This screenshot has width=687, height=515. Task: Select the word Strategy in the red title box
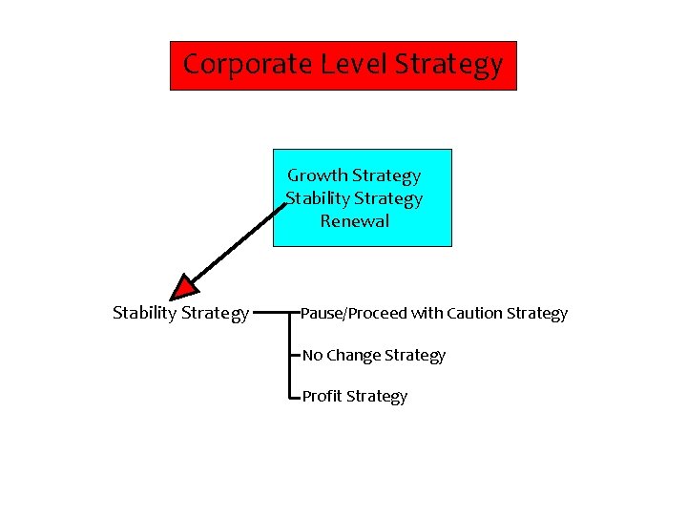point(448,65)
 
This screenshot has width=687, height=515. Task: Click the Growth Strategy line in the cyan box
point(354,175)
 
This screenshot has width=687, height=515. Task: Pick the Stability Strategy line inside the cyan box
point(354,198)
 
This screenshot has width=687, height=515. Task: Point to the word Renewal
point(355,221)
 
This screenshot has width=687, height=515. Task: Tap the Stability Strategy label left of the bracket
point(181,313)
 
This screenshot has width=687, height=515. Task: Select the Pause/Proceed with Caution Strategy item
point(434,313)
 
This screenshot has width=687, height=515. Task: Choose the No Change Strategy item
point(374,355)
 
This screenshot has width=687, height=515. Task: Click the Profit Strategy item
point(355,396)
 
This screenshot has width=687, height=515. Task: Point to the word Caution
point(474,313)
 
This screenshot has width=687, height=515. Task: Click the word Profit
point(323,396)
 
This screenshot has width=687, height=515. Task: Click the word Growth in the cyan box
point(318,175)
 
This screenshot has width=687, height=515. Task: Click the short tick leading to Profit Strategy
point(295,396)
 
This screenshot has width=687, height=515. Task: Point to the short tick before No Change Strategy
point(295,355)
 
